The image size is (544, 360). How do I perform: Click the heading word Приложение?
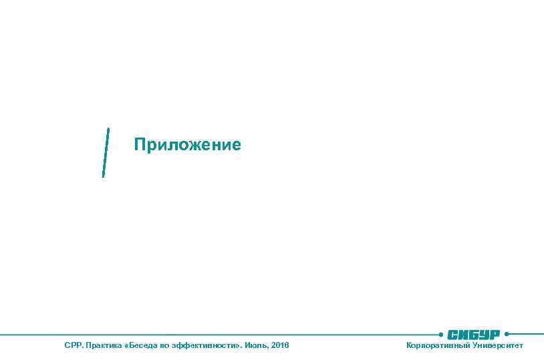(187, 145)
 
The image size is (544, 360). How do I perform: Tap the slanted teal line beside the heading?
(106, 152)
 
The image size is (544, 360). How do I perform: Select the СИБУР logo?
(474, 334)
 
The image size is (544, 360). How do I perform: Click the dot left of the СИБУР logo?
(441, 333)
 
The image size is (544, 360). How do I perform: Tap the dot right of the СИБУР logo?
(507, 333)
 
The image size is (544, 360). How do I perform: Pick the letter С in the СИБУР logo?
(452, 334)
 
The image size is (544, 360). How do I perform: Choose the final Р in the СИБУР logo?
(495, 334)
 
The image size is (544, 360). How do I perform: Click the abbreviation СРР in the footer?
(72, 345)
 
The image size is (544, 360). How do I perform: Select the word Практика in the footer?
(100, 345)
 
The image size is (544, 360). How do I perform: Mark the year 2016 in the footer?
(281, 345)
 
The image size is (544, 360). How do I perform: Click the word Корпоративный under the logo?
(438, 345)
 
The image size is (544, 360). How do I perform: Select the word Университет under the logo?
(498, 345)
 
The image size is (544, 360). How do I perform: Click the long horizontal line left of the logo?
(221, 333)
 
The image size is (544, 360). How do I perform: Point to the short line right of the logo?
(527, 333)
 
